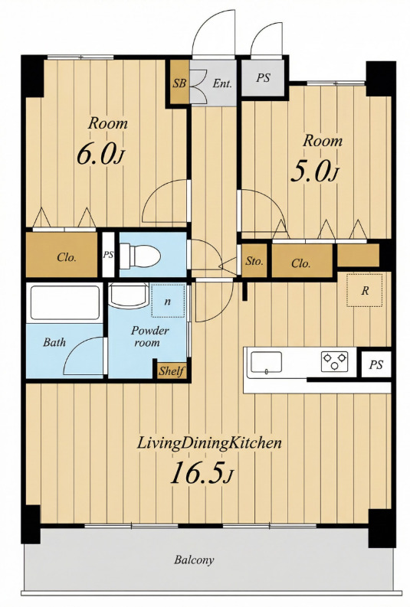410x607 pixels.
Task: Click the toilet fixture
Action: click(140, 256)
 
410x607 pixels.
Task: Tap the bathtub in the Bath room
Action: click(64, 302)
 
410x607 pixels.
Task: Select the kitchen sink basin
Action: click(266, 362)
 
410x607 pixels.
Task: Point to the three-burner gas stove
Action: click(334, 361)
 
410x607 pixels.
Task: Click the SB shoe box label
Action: click(179, 83)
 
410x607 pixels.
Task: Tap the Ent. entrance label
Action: click(222, 83)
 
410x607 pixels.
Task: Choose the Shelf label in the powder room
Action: click(171, 370)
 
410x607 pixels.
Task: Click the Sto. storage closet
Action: click(254, 261)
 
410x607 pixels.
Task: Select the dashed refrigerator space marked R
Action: click(364, 290)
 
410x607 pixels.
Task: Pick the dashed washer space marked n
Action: click(167, 301)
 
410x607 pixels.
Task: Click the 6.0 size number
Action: click(97, 154)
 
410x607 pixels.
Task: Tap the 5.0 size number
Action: click(310, 171)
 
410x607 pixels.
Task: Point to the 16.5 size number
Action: click(197, 473)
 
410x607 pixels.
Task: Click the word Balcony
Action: click(194, 560)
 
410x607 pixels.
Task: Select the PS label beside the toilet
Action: click(108, 255)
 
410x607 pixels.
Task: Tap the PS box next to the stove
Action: click(376, 364)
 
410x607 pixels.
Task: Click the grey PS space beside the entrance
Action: click(263, 79)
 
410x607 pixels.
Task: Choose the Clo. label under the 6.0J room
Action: click(66, 257)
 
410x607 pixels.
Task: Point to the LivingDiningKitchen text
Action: click(209, 444)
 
